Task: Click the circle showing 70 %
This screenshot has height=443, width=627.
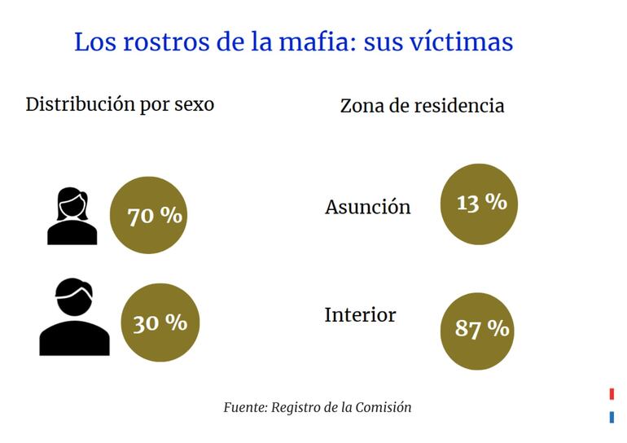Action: [148, 216]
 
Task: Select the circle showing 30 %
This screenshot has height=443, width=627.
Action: [160, 322]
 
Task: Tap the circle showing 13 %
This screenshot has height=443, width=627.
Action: [478, 204]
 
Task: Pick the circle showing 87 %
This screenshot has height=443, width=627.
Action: [478, 328]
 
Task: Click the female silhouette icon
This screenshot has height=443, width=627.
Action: [72, 217]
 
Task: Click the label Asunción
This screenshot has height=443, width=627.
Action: [367, 207]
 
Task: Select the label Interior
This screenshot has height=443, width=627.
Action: [360, 314]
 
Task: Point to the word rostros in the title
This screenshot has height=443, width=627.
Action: [166, 41]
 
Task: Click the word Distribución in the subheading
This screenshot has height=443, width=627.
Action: [78, 105]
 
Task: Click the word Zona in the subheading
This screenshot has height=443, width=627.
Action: [362, 106]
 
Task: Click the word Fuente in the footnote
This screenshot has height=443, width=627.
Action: [244, 407]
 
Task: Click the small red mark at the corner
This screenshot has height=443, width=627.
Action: [612, 394]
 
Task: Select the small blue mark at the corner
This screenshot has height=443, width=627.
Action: [612, 418]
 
